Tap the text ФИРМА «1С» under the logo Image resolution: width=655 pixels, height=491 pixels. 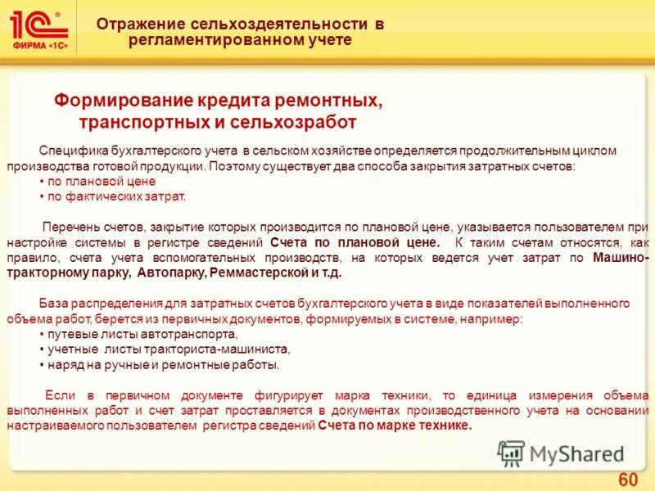(39, 46)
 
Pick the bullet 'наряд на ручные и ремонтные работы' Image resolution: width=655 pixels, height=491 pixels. (163, 364)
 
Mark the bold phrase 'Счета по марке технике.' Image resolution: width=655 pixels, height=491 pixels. (395, 426)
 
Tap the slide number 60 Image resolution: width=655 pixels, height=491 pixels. (627, 479)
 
